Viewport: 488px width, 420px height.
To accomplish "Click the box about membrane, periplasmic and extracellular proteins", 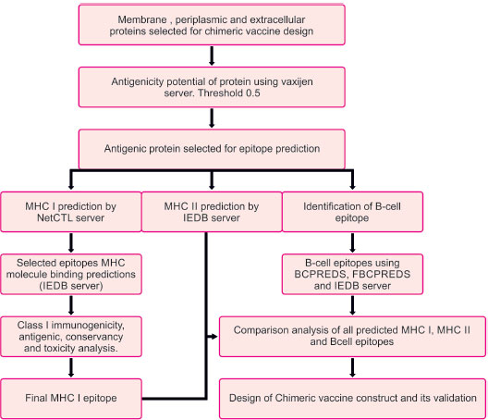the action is coord(212,25).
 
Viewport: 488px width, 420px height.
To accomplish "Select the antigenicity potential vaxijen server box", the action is coord(212,87).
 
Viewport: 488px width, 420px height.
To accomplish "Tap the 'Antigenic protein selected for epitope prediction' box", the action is coord(212,149).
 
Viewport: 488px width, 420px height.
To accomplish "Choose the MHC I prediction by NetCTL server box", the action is coord(71,212).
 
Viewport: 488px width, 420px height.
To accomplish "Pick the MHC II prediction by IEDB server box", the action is coord(212,212).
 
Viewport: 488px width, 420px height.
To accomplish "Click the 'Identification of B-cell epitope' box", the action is coord(352,212).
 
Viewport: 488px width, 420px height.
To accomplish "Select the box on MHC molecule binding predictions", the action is coord(71,274).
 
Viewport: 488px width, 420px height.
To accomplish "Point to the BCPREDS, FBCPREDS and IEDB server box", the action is coord(352,274).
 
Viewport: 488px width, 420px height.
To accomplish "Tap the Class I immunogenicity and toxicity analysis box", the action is coord(71,337).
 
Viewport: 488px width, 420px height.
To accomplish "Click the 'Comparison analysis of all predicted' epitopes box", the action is coord(352,337).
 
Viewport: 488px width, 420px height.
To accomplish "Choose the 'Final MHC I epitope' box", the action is coord(71,399).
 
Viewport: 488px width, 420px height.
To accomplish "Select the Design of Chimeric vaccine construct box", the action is coord(352,399).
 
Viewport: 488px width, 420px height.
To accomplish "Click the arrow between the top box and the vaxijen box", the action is coord(212,56).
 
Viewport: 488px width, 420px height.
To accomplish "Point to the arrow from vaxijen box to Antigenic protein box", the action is coord(212,118).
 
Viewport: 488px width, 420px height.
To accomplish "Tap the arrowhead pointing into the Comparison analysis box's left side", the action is coord(213,337).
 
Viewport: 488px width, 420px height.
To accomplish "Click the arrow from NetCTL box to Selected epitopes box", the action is coord(71,242).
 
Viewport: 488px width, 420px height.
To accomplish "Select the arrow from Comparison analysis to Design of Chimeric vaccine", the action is coord(352,367).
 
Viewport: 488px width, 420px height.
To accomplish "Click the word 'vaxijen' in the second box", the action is coord(297,82).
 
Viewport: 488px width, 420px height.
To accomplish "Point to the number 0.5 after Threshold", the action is coord(252,93).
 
